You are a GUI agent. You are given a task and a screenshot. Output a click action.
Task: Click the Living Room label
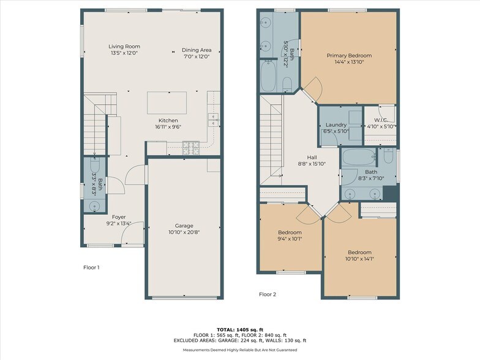124,46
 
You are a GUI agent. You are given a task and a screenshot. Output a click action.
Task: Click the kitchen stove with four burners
191,146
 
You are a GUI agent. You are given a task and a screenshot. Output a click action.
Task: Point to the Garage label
184,226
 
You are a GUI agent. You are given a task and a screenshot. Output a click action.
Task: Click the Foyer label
118,217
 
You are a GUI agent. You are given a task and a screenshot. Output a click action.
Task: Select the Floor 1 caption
91,268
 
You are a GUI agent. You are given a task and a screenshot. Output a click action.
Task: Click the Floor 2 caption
268,294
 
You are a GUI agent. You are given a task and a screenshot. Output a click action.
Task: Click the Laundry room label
335,125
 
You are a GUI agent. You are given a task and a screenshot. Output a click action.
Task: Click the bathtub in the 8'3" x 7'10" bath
358,157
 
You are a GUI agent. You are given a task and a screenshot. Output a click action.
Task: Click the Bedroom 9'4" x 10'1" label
290,233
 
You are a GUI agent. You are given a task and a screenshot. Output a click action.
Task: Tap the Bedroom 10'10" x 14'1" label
359,252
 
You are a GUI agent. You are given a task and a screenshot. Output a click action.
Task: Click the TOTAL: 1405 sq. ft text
239,329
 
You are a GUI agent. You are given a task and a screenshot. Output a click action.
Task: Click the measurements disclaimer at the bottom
239,350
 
